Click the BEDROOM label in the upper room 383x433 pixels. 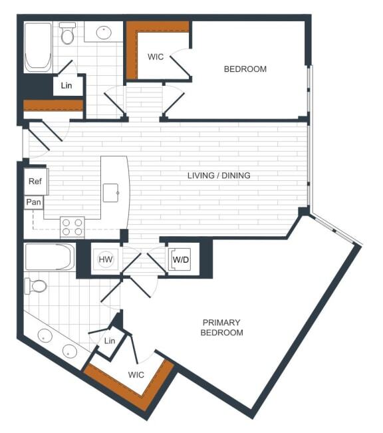(x=245, y=69)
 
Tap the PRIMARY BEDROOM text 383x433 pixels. (x=221, y=327)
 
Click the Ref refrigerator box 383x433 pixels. (x=35, y=182)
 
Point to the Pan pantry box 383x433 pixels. (x=33, y=202)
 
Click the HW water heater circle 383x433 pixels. (x=106, y=259)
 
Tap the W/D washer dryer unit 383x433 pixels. (x=180, y=259)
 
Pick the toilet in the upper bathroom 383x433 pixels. (x=67, y=33)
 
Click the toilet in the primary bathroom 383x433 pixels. (x=37, y=286)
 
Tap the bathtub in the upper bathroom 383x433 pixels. (x=38, y=47)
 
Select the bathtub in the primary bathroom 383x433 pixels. (x=49, y=257)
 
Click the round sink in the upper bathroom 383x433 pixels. (x=104, y=31)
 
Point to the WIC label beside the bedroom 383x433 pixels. (x=156, y=57)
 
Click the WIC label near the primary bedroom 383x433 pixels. (x=136, y=375)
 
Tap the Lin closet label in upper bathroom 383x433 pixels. (x=66, y=86)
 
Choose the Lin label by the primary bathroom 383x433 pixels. (x=110, y=341)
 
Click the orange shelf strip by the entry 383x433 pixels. (x=53, y=105)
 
